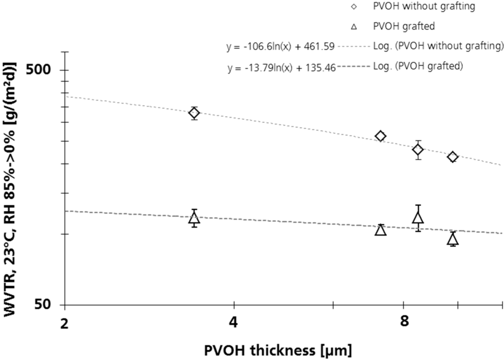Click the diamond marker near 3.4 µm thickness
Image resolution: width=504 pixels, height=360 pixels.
coord(194,113)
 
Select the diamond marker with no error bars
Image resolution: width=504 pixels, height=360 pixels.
coord(380,136)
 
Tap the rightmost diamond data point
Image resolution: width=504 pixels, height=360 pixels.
coord(453,157)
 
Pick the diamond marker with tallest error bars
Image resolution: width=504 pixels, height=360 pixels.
coord(418,149)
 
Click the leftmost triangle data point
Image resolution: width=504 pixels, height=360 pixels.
coord(194,218)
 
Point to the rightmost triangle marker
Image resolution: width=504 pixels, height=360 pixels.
coord(453,239)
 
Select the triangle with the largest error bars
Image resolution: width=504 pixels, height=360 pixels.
coord(418,218)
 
